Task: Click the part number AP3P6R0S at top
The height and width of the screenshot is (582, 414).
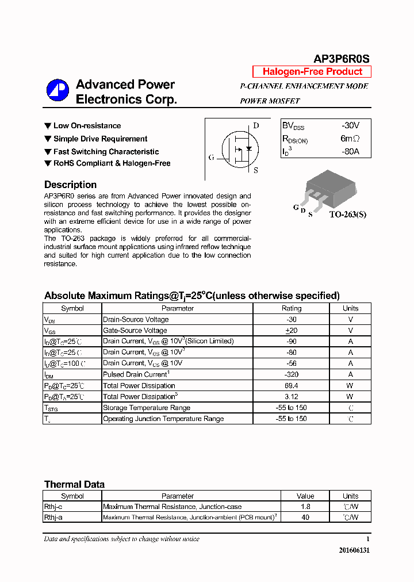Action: tap(341, 59)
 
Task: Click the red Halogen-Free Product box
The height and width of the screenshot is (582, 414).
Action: tap(312, 72)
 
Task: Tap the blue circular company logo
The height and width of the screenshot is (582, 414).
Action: tap(57, 90)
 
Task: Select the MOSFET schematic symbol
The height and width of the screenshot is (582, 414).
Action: tap(237, 148)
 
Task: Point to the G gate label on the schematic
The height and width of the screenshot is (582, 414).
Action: tap(211, 157)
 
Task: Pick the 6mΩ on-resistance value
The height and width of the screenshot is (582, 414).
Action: tap(350, 139)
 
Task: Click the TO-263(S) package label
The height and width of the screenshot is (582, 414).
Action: tap(347, 215)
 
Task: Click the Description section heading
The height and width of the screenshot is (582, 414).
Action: tap(70, 185)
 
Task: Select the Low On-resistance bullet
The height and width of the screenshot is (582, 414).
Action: tap(87, 125)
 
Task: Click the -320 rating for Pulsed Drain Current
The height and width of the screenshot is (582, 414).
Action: tap(291, 374)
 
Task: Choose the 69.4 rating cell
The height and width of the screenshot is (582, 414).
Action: tap(291, 385)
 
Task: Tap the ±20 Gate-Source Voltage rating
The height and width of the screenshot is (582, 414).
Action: tap(291, 330)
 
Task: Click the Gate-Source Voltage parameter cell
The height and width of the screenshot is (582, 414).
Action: tap(135, 330)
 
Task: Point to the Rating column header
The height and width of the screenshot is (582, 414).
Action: tap(291, 308)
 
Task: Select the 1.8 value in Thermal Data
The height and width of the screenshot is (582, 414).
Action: tap(305, 507)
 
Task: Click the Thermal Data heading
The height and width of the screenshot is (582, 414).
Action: tap(74, 484)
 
